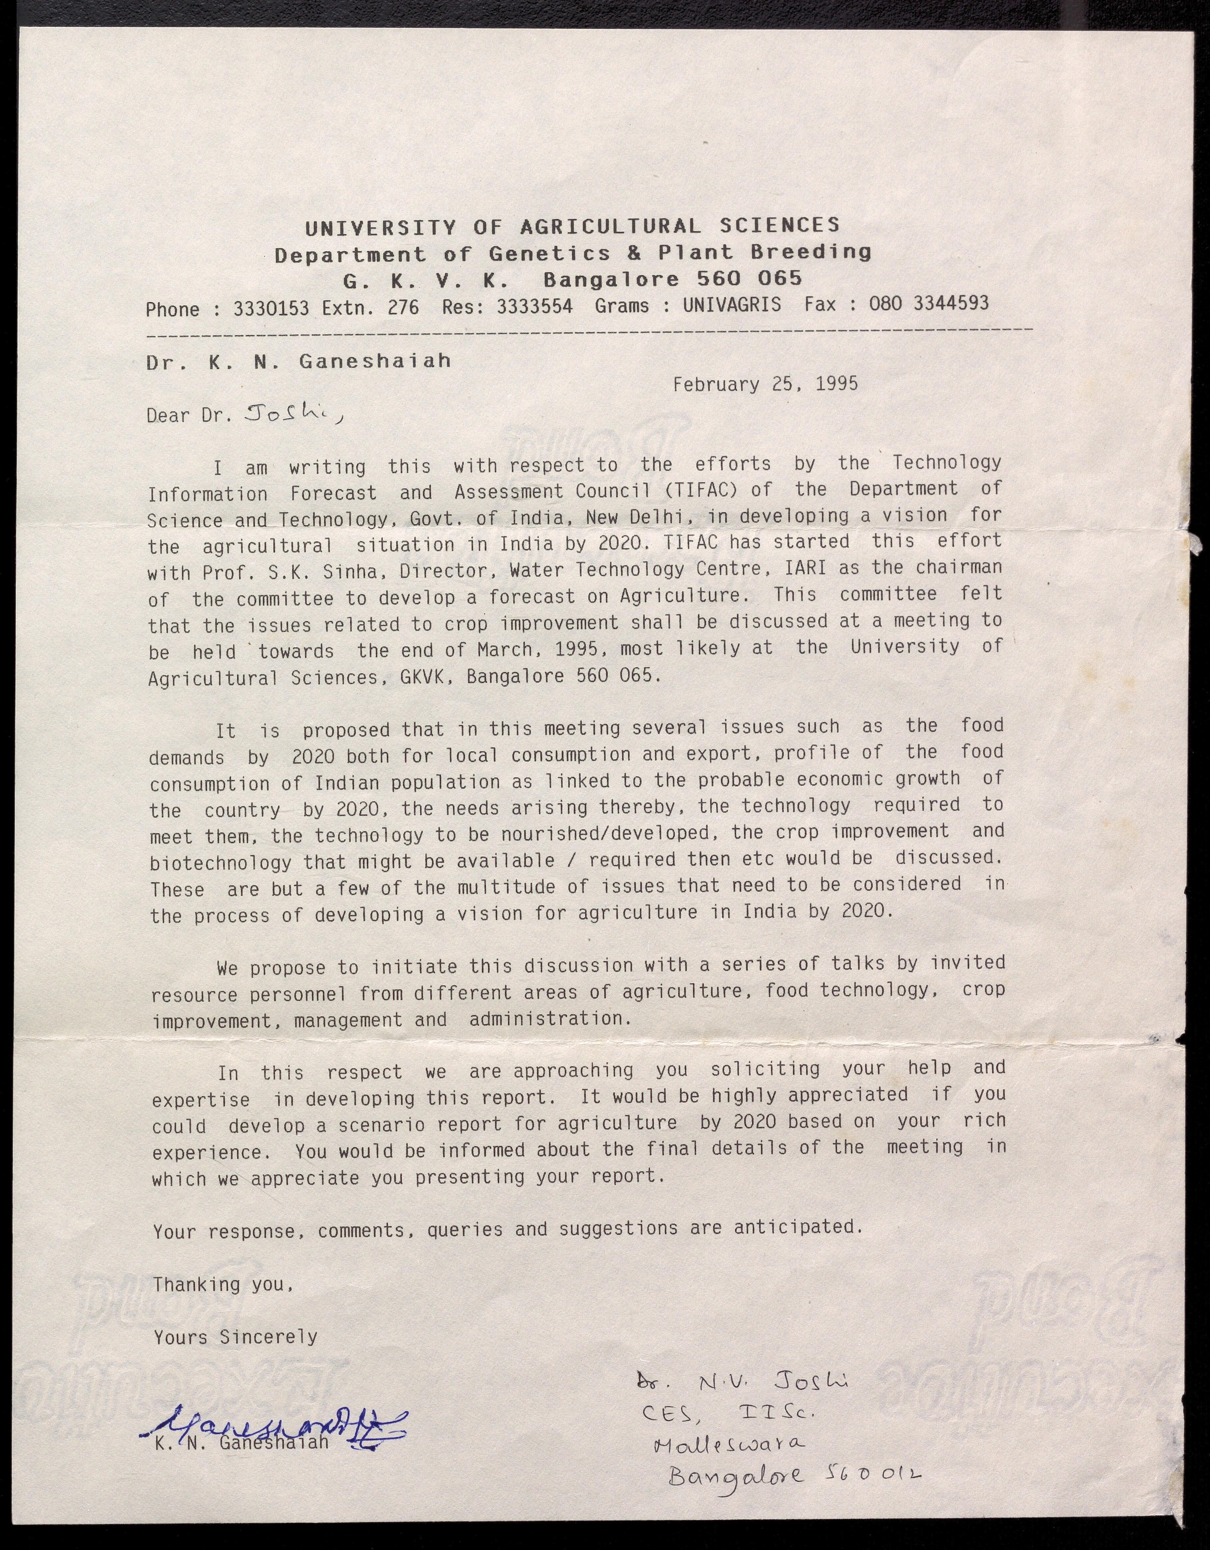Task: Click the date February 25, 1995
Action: (765, 385)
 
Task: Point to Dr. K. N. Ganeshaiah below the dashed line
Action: (298, 362)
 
